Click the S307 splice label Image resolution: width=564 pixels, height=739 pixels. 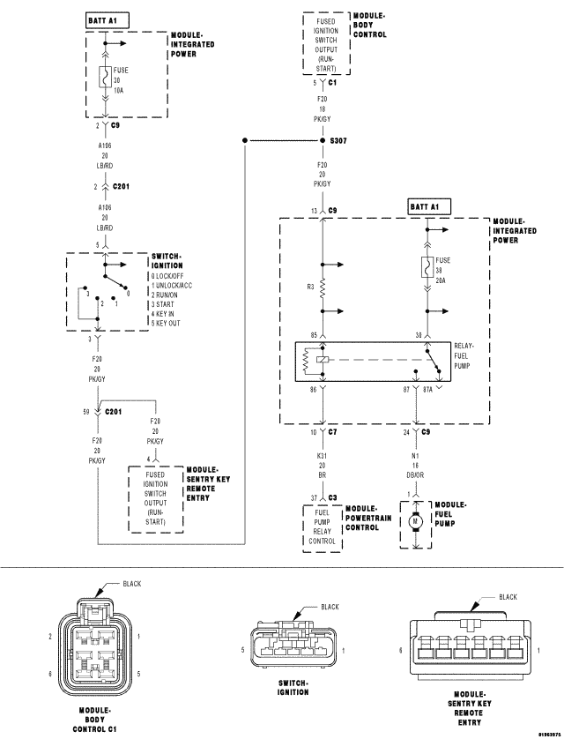[x=339, y=140]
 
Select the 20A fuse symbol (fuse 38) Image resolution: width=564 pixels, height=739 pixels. [x=427, y=265]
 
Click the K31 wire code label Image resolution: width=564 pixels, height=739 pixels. [x=323, y=455]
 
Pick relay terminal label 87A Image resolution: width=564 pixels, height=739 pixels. [x=428, y=389]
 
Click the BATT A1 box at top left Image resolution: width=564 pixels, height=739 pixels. [x=108, y=19]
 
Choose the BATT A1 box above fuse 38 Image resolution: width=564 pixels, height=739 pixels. [x=429, y=206]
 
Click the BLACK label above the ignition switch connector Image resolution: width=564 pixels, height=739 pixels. [x=329, y=607]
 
